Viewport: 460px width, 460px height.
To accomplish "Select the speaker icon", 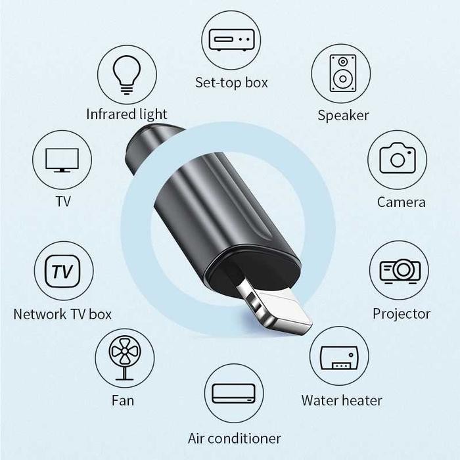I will click(342, 73).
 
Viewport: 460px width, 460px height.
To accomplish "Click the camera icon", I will click(398, 159).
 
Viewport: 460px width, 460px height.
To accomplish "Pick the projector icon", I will click(399, 269).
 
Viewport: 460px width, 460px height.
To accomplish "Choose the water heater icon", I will click(338, 357).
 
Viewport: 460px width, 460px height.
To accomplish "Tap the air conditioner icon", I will click(234, 393).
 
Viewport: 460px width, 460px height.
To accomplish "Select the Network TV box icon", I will click(63, 271).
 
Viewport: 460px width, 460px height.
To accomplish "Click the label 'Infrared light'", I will click(127, 114).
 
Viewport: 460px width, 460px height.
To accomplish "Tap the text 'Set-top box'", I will click(231, 83).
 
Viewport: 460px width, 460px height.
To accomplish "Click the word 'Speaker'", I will click(343, 116).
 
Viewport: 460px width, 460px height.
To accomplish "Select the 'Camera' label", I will click(401, 202).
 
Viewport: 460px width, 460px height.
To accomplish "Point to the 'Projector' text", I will click(402, 313).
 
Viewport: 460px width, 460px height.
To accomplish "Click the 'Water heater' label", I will click(342, 400).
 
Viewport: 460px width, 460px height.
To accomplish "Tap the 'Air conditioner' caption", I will click(235, 438).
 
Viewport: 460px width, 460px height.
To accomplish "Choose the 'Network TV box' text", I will click(62, 314).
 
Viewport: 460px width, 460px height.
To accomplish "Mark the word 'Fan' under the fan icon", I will click(123, 400).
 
